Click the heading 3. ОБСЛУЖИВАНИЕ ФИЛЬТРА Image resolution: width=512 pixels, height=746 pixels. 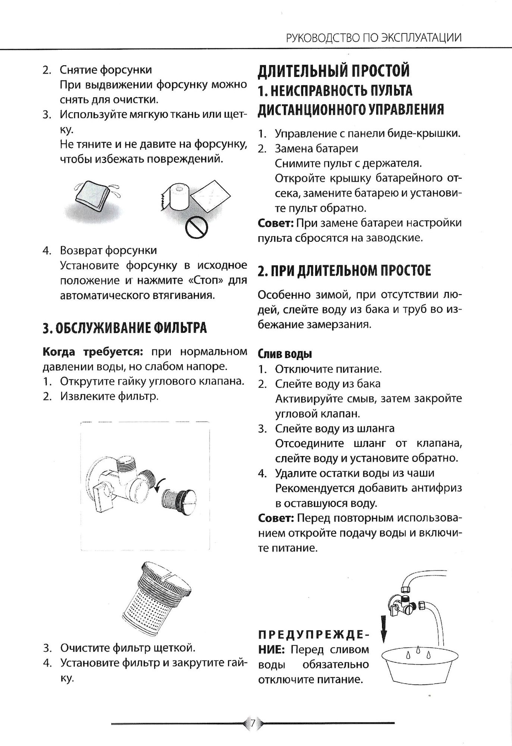[125, 328]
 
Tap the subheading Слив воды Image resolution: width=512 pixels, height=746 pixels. [285, 354]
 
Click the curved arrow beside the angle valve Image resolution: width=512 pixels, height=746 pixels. [158, 486]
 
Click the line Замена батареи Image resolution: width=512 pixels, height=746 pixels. [316, 148]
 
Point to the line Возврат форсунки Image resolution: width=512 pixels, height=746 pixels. [109, 250]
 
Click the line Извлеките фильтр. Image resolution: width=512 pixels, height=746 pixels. [110, 396]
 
